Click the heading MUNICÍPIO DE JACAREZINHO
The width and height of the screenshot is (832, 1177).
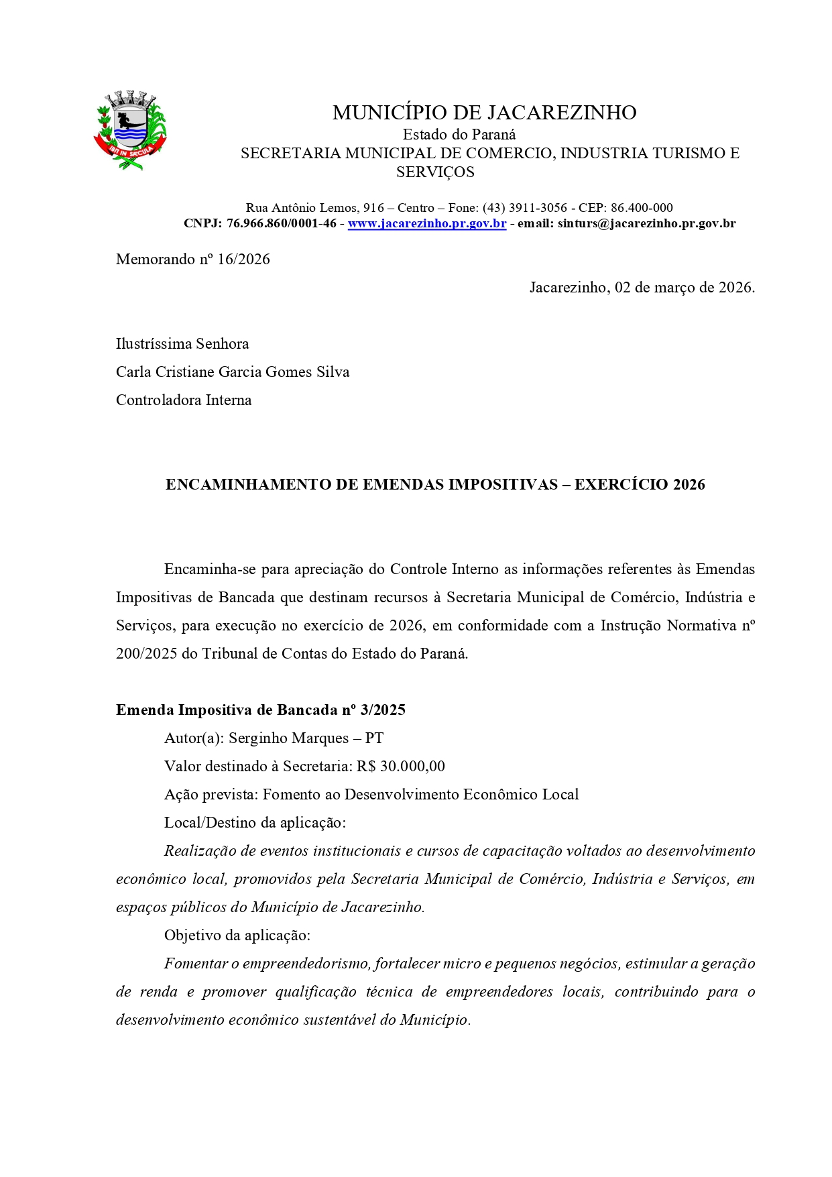[x=484, y=113]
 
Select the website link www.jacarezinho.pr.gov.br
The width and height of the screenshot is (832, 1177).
[x=426, y=223]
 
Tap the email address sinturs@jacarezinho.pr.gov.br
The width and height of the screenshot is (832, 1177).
[x=646, y=223]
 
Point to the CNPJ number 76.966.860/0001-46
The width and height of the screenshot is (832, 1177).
[x=281, y=223]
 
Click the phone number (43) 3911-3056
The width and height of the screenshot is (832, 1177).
[x=524, y=208]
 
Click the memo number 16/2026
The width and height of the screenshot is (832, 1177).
[x=243, y=260]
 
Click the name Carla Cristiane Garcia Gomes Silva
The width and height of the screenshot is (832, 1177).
[x=233, y=372]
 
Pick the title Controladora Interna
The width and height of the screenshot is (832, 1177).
[x=184, y=400]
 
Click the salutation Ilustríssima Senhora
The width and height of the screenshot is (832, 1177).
[x=182, y=344]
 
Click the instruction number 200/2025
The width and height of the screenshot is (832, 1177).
[x=146, y=654]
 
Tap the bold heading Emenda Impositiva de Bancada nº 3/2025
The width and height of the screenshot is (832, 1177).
[x=261, y=710]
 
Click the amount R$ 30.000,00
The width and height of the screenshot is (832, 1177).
[x=400, y=767]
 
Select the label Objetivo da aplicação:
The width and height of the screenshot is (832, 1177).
[x=237, y=936]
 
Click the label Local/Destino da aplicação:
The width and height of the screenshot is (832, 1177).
[x=255, y=823]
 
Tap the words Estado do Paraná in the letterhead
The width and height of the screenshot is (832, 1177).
[x=459, y=134]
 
